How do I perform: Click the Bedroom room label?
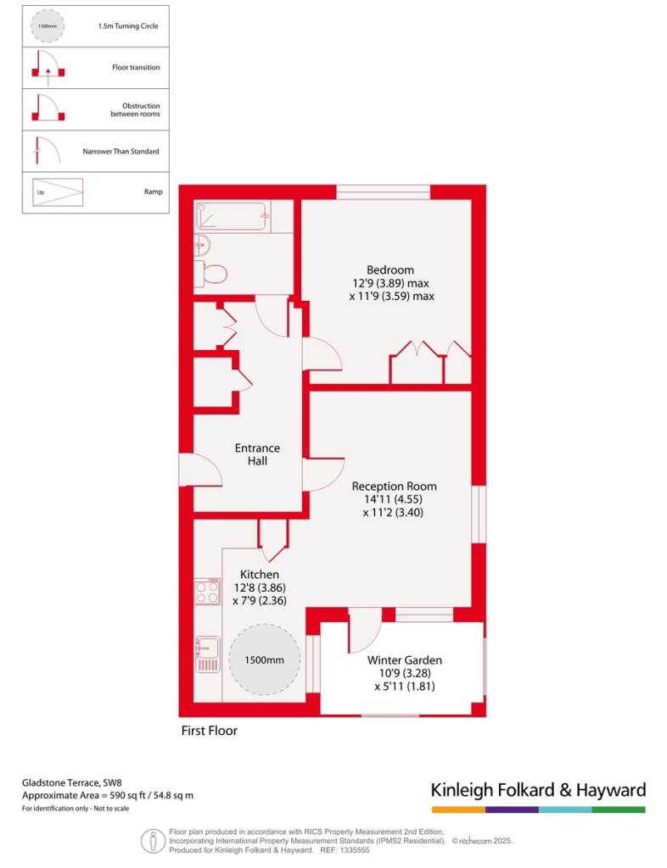tap(390, 270)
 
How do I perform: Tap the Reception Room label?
tap(394, 487)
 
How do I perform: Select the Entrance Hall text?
tap(257, 454)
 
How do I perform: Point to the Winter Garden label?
tap(405, 660)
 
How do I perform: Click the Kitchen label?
tap(260, 575)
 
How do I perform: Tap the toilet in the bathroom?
tap(211, 274)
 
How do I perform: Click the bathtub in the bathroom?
tap(233, 216)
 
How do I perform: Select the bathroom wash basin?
tap(202, 245)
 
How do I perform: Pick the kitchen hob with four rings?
tap(207, 592)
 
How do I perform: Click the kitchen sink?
tap(207, 655)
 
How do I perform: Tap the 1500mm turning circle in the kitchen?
tap(264, 659)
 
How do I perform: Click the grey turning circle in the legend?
tap(47, 26)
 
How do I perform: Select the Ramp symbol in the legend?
tap(58, 192)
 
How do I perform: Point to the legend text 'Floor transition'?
tap(136, 68)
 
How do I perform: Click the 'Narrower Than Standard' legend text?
tap(121, 151)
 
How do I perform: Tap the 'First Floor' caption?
tap(209, 731)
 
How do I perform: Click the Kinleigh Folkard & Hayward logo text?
tap(539, 790)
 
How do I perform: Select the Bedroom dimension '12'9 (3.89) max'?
tap(390, 283)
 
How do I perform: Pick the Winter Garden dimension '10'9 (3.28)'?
tap(405, 673)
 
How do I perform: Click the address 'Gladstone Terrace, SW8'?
tap(72, 782)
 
